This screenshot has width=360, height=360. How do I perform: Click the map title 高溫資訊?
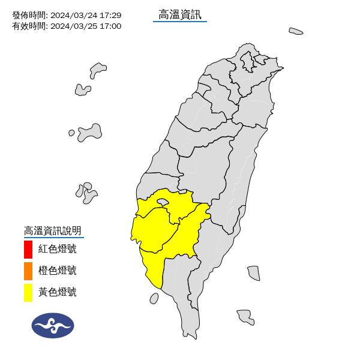pyautogui.click(x=180, y=14)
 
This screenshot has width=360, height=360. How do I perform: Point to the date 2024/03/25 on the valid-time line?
pyautogui.click(x=73, y=26)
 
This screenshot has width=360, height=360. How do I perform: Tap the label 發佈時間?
pyautogui.click(x=28, y=15)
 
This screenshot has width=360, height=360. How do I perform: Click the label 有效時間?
pyautogui.click(x=28, y=26)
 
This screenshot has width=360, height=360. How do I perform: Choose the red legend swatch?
pyautogui.click(x=28, y=249)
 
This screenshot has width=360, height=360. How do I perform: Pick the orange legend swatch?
pyautogui.click(x=28, y=271)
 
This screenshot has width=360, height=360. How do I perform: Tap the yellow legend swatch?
pyautogui.click(x=28, y=293)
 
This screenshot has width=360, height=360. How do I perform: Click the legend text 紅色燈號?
pyautogui.click(x=58, y=249)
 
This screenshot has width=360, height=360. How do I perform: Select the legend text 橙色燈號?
pyautogui.click(x=58, y=271)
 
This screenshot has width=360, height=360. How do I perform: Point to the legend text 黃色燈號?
pyautogui.click(x=58, y=293)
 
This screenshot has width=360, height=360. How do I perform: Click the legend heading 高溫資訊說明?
pyautogui.click(x=52, y=230)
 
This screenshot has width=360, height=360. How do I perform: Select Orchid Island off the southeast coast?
pyautogui.click(x=244, y=316)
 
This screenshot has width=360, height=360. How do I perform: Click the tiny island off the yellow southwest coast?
pyautogui.click(x=156, y=296)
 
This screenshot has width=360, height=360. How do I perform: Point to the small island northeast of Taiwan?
pyautogui.click(x=295, y=31)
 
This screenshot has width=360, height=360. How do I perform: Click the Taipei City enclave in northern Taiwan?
pyautogui.click(x=246, y=61)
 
